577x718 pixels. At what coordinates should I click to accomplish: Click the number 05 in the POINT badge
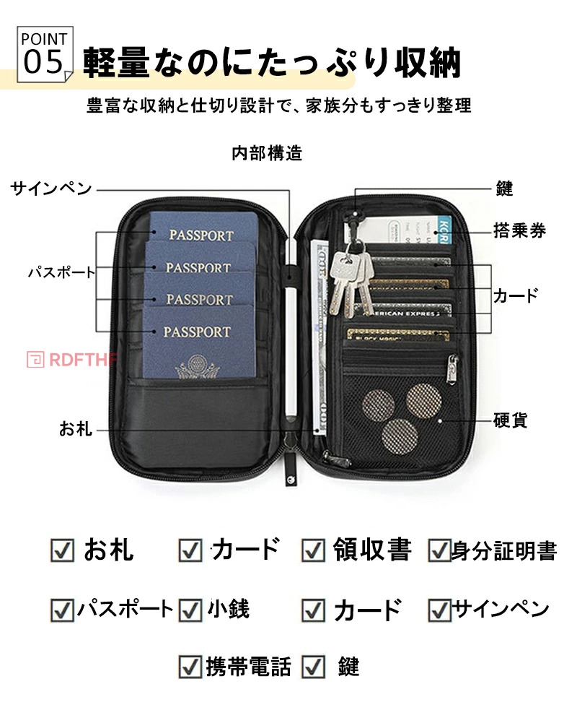click(44, 63)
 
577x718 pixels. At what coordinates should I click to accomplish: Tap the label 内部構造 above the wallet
click(267, 153)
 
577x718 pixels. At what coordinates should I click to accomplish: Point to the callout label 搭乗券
click(519, 230)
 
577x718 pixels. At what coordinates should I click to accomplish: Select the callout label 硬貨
click(511, 420)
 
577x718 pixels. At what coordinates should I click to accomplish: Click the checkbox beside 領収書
click(313, 550)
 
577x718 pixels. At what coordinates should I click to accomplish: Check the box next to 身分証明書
click(439, 550)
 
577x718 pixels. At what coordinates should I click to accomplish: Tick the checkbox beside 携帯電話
click(190, 666)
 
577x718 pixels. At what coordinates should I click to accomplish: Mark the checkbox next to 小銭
click(190, 609)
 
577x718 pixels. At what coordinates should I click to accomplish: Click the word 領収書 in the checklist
click(371, 550)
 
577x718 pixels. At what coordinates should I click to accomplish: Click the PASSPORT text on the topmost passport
click(202, 235)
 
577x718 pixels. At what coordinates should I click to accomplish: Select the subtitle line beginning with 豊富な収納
click(278, 105)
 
